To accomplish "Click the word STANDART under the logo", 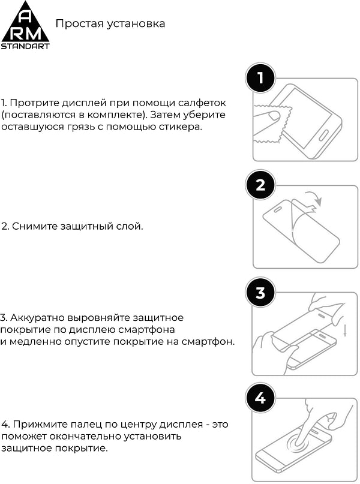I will pos(25,46).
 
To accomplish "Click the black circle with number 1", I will pos(260,78).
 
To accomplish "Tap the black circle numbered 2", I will pos(260,185).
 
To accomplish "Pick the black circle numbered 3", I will pos(260,292).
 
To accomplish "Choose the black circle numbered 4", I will pos(260,399).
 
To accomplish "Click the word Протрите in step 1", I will pos(31,103).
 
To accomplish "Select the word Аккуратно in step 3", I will pos(34,317).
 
